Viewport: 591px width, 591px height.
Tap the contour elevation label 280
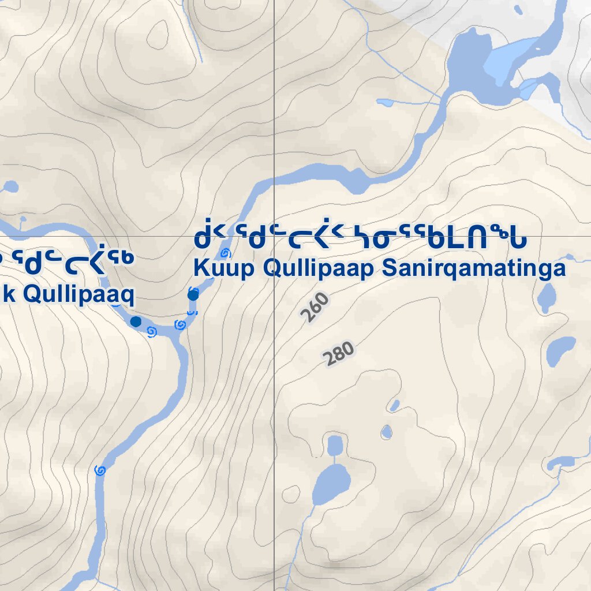339,354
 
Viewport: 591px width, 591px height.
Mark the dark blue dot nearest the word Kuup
193,295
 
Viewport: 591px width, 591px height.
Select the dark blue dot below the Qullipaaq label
136,321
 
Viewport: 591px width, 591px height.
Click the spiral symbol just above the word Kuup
226,253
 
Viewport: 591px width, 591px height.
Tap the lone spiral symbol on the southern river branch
100,470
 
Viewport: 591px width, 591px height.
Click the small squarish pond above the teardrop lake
335,445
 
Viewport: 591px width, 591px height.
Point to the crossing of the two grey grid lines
274,236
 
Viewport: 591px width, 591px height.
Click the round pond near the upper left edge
11,188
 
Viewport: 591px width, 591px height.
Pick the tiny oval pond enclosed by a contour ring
386,431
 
